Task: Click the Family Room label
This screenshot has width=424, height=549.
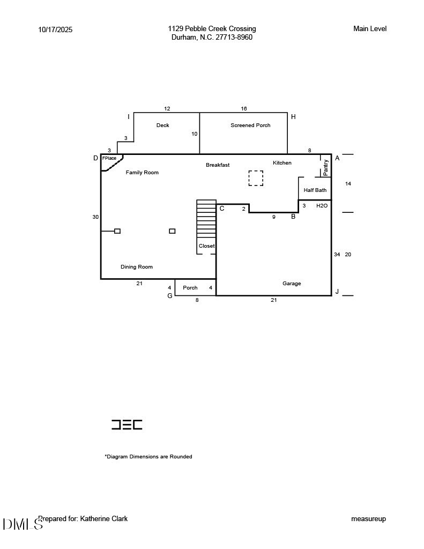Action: [142, 173]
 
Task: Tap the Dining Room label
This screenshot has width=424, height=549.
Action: [137, 267]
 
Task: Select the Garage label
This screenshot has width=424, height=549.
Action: [292, 284]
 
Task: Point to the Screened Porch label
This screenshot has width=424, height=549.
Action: [250, 125]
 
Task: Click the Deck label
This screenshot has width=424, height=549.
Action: [162, 125]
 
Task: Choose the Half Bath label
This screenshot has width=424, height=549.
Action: [315, 190]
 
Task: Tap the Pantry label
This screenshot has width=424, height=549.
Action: [326, 167]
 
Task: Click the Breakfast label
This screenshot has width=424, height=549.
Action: [218, 165]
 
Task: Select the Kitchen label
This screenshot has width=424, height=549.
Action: [282, 163]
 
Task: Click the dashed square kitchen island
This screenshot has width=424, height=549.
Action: [256, 178]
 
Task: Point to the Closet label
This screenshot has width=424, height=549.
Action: [206, 246]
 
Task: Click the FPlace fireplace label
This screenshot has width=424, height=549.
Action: [109, 158]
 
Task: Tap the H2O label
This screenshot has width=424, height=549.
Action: [322, 206]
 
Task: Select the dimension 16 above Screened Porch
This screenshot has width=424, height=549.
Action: [244, 109]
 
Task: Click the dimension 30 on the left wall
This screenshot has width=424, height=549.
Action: [95, 217]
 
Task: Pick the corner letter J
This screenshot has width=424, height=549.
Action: [337, 292]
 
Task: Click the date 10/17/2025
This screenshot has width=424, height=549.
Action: [55, 30]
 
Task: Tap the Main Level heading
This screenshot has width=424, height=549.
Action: [370, 29]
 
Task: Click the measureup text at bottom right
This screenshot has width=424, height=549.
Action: [368, 519]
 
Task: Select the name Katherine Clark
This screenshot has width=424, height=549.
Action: [104, 518]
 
